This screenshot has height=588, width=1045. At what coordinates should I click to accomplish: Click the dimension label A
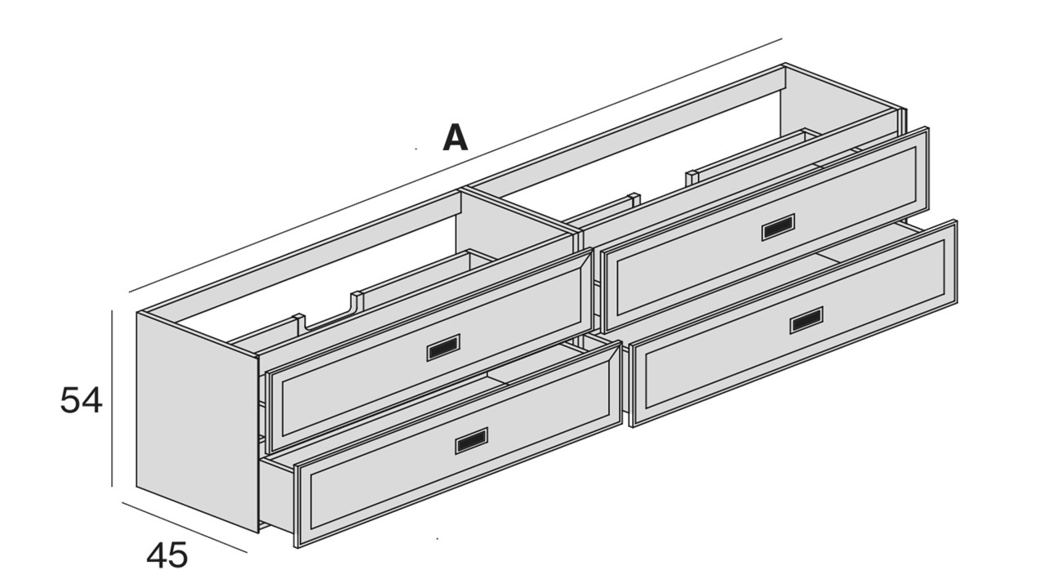(455, 138)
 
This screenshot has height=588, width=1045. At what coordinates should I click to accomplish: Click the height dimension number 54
(81, 400)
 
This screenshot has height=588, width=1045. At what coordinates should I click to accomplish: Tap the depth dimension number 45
(167, 555)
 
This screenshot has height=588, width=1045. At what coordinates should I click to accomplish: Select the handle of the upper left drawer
(443, 348)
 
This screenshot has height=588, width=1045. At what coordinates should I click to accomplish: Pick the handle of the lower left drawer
(471, 440)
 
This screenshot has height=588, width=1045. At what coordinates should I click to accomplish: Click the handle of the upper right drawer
(778, 227)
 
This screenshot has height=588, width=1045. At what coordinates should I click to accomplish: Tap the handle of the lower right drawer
(806, 320)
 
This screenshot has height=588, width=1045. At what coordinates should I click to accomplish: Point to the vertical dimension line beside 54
(112, 398)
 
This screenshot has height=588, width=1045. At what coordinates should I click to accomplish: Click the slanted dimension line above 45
(185, 528)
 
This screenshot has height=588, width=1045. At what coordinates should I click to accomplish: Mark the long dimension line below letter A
(456, 166)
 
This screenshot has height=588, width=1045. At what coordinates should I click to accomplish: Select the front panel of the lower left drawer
(460, 443)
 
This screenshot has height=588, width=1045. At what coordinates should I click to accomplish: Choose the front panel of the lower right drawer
(793, 323)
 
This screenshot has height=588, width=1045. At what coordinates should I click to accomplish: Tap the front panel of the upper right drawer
(765, 229)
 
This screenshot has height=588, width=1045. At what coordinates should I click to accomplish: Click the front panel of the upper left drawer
(429, 350)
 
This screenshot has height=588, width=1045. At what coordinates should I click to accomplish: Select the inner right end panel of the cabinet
(840, 100)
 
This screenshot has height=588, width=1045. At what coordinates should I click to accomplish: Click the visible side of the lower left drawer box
(277, 494)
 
